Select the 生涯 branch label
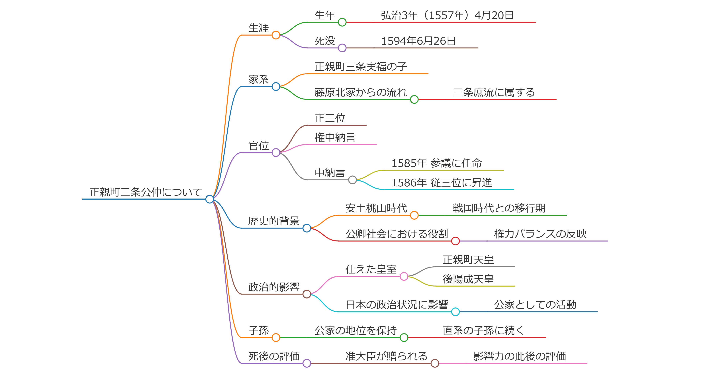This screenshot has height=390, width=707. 259,28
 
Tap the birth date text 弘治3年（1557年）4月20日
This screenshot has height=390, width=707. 447,15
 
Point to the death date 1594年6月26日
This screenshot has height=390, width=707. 418,41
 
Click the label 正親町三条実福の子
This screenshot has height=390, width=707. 361,67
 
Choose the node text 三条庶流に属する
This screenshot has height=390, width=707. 494,93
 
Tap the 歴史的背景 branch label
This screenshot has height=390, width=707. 274,221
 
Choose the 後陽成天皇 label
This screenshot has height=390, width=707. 468,279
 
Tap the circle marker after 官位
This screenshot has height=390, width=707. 276,153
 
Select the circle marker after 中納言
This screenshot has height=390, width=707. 352,180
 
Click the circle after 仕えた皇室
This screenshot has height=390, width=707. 404,276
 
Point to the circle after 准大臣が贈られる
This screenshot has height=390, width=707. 435,363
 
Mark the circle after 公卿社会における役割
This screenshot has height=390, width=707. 455,241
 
